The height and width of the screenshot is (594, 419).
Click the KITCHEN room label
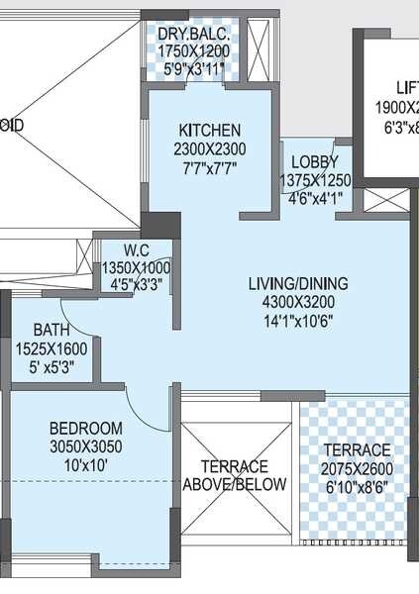click(209, 131)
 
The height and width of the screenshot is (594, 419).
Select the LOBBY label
click(314, 162)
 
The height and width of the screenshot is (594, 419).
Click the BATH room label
click(51, 329)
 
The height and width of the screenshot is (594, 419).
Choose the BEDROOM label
click(86, 428)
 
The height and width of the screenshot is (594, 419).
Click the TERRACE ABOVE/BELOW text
click(235, 475)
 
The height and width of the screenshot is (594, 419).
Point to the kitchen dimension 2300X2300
click(209, 148)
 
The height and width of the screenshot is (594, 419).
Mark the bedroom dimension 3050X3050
click(86, 445)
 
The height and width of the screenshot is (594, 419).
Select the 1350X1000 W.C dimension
click(137, 267)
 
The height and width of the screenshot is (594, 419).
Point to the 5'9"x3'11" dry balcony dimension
click(193, 69)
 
